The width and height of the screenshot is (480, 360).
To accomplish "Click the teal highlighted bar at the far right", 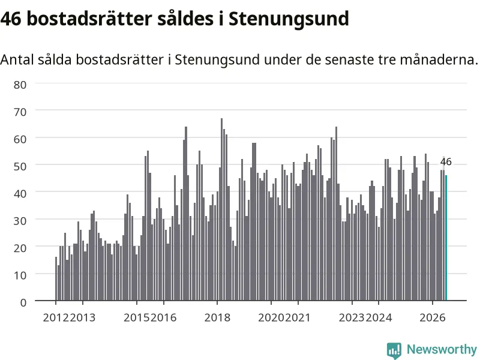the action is [446, 238].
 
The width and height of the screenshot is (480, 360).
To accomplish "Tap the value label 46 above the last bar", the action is [446, 161].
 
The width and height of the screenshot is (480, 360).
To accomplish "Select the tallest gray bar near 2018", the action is [221, 209].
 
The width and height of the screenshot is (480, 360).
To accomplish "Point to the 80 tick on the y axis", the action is [20, 85].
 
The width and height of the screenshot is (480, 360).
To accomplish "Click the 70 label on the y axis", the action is [20, 112].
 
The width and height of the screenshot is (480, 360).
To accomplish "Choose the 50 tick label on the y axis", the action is [20, 167].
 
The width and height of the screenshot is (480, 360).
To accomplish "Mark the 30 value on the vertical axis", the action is [20, 221].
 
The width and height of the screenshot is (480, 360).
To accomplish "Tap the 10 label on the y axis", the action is [20, 275].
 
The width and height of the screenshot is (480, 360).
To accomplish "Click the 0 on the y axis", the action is [23, 302].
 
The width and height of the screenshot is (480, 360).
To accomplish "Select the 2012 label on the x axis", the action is [56, 317].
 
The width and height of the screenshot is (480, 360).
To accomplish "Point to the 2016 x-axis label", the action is [163, 317].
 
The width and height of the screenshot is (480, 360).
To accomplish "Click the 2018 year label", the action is [217, 317].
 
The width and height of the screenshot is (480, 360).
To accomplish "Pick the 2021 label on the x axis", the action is [298, 317].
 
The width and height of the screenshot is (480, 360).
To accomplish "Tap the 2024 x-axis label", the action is [379, 317].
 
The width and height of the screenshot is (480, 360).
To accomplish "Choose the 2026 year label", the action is [432, 317].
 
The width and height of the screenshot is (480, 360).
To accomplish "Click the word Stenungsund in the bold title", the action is [289, 19].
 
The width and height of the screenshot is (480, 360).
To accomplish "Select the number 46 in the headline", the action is [11, 19].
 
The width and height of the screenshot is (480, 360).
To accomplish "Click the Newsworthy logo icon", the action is [394, 350].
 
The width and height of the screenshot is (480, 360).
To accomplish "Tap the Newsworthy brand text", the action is [442, 349].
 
